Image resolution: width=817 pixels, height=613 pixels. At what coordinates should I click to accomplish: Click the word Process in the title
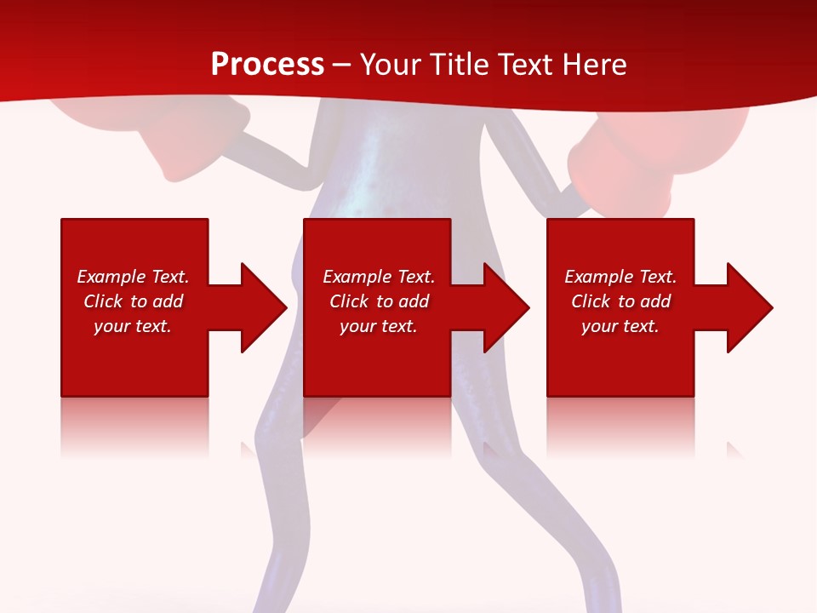coord(267,65)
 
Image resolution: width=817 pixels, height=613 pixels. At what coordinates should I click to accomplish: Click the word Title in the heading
coord(460,65)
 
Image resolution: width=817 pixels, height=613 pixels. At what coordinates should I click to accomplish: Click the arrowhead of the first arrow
coord(264,307)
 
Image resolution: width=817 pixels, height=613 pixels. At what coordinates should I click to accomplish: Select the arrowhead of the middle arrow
coord(506,307)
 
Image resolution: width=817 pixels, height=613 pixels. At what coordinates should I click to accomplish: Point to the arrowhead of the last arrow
coord(750,307)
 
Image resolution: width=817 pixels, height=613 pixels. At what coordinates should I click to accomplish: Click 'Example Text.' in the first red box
coord(133,277)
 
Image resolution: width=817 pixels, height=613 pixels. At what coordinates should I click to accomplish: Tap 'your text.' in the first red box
coord(133,326)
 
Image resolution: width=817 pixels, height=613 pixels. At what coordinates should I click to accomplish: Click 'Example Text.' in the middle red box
coord(379,277)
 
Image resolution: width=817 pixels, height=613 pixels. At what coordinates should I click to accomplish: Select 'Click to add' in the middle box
coord(379,301)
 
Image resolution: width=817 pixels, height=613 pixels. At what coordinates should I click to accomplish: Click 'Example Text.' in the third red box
coord(620,277)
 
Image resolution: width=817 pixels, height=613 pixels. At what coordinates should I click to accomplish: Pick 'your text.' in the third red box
coord(620,326)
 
